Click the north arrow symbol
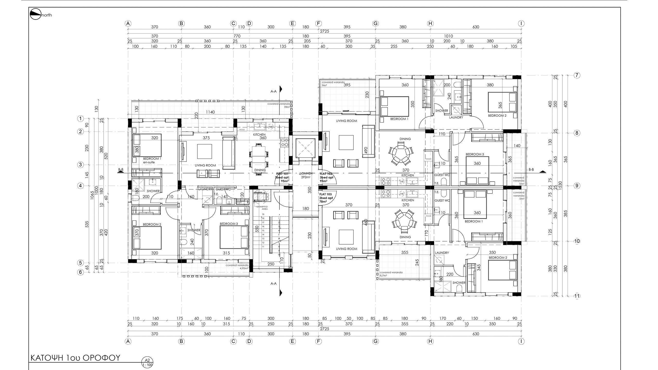click(36, 14)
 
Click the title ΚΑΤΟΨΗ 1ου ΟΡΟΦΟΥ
click(75, 358)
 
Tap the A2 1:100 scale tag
click(147, 362)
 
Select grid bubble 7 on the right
click(577, 75)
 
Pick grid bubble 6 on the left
click(81, 272)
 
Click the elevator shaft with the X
click(305, 148)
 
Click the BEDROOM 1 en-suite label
click(152, 160)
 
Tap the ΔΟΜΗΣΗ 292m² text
click(306, 175)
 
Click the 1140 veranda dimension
click(210, 112)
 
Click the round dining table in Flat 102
click(401, 155)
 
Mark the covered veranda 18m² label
click(279, 105)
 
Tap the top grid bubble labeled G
click(376, 24)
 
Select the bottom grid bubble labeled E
click(293, 341)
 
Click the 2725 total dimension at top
click(325, 31)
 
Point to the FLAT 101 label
click(282, 177)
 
